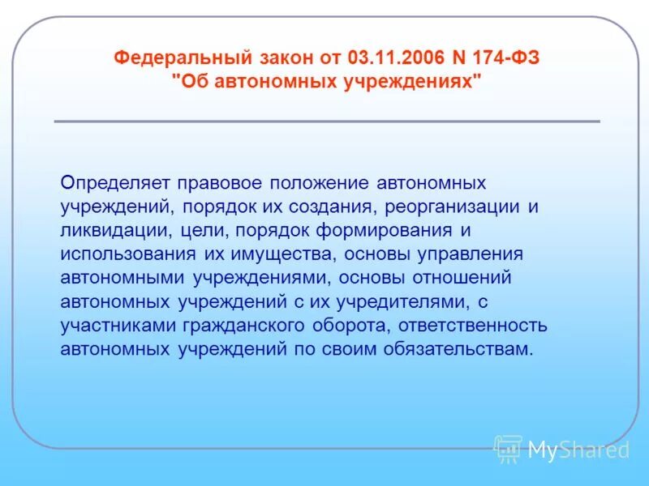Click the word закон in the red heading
click(276, 58)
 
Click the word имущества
click(280, 254)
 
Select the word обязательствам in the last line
click(466, 349)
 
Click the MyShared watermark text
click(578, 450)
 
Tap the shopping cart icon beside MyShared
click(508, 450)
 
